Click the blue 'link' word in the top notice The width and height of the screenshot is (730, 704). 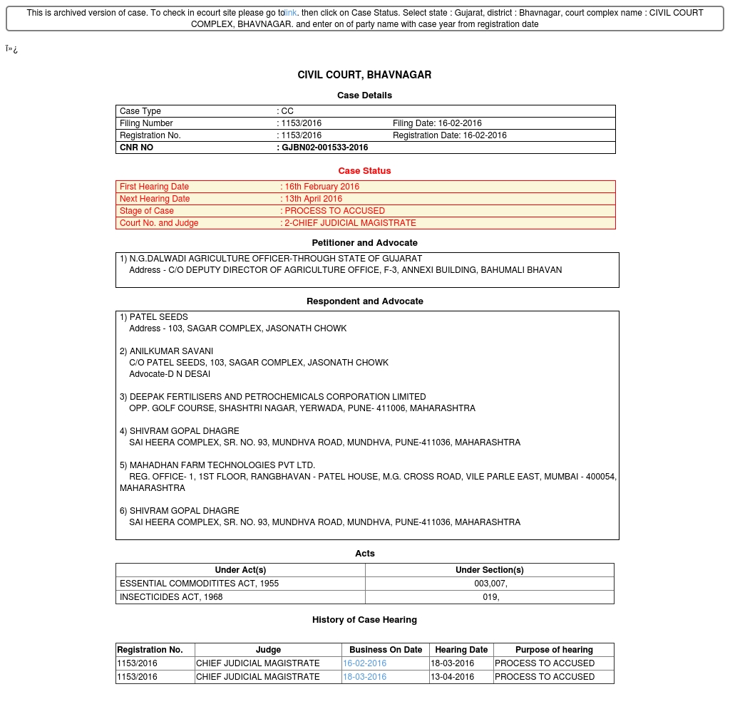(x=291, y=13)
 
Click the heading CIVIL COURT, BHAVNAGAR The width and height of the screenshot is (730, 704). (x=364, y=75)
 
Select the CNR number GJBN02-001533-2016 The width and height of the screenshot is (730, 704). (x=324, y=147)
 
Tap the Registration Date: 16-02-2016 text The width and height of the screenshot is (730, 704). (x=449, y=135)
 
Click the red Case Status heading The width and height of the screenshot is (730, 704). (x=364, y=171)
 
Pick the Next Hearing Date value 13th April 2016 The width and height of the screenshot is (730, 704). (x=313, y=199)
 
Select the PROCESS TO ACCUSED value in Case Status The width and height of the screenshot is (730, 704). (x=334, y=211)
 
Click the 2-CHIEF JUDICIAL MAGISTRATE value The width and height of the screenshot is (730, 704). (x=350, y=223)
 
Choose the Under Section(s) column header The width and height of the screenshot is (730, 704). (x=489, y=570)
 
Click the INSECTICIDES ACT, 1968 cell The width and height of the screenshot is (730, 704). (x=171, y=597)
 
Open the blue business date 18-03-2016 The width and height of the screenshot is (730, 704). (x=364, y=677)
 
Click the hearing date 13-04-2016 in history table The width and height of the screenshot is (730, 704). (x=452, y=677)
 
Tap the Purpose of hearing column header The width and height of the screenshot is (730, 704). (x=554, y=650)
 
